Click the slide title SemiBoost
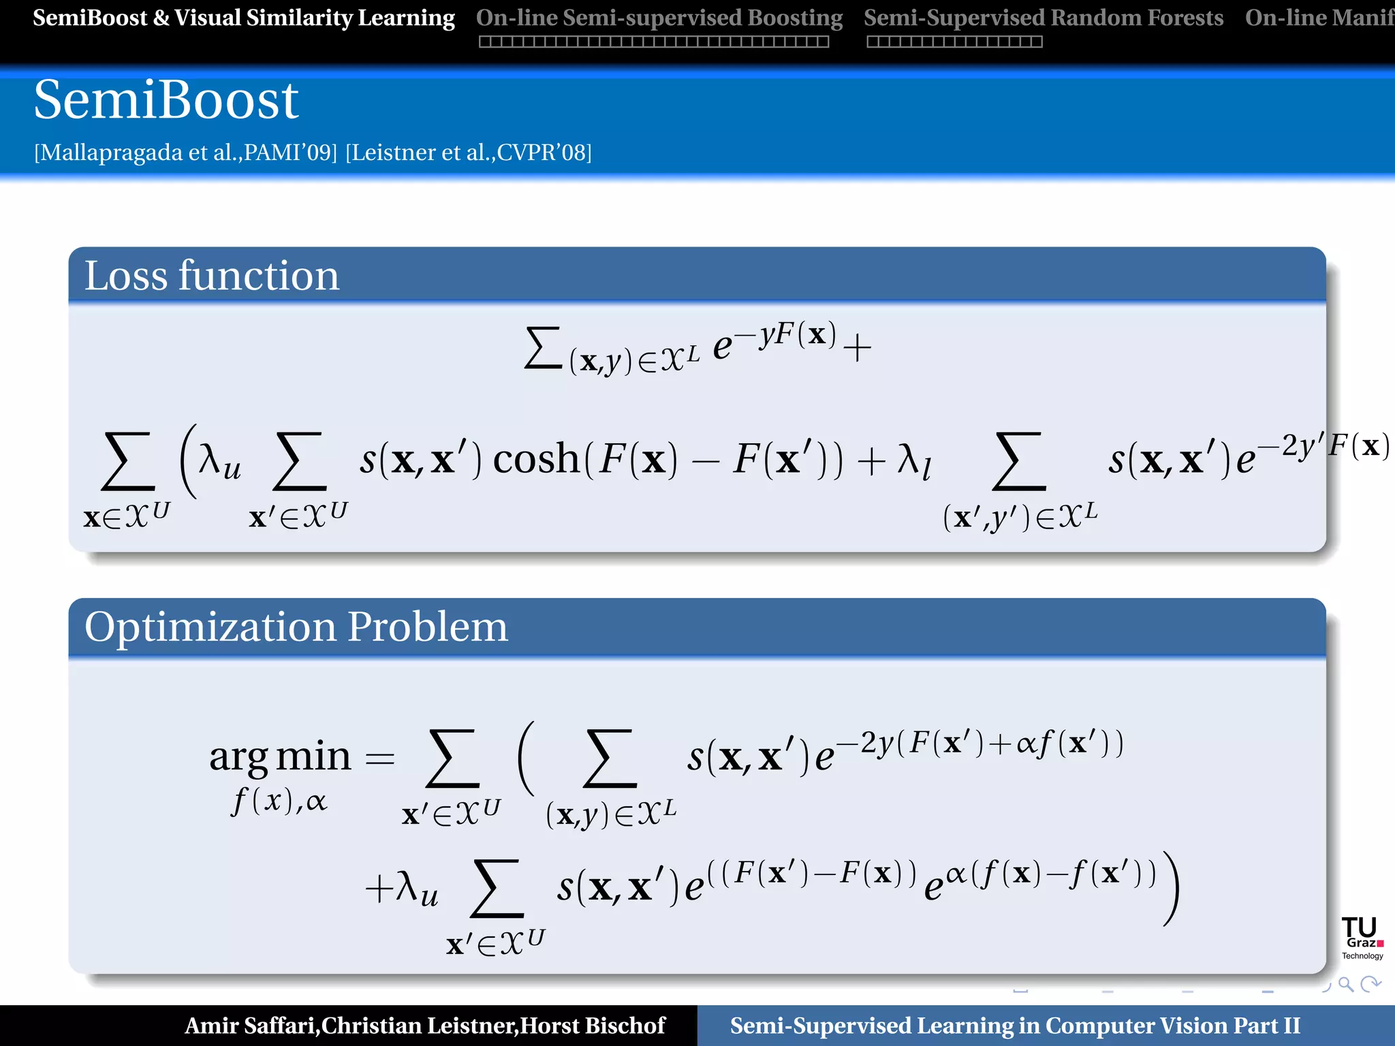pyautogui.click(x=166, y=100)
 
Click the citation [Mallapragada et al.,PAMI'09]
pyautogui.click(x=185, y=153)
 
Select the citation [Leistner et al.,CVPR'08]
pyautogui.click(x=469, y=153)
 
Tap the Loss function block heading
pyautogui.click(x=211, y=276)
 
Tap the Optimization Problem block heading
pyautogui.click(x=296, y=627)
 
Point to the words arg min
pyautogui.click(x=280, y=756)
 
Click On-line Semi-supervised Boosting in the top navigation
pyautogui.click(x=659, y=18)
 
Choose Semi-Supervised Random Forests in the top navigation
pyautogui.click(x=1044, y=18)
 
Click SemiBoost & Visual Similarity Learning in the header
pyautogui.click(x=244, y=18)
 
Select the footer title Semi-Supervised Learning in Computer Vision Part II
pyautogui.click(x=1015, y=1026)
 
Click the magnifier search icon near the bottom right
pyautogui.click(x=1345, y=984)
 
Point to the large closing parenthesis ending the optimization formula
pyautogui.click(x=1171, y=889)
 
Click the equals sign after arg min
pyautogui.click(x=380, y=758)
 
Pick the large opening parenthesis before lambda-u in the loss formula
pyautogui.click(x=188, y=460)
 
